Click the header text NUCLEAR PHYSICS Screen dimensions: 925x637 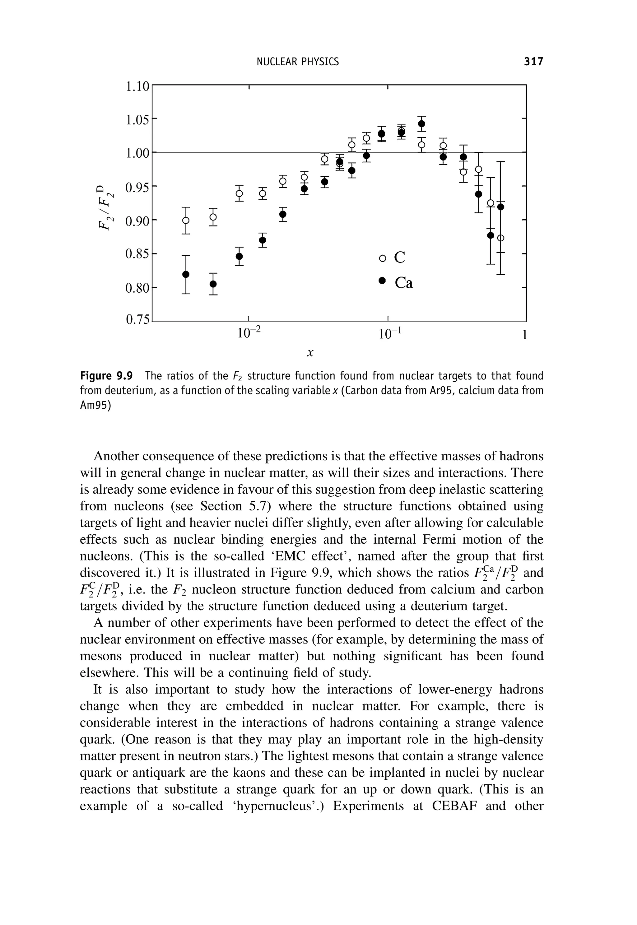(x=298, y=62)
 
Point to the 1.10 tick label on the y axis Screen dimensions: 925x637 (x=137, y=86)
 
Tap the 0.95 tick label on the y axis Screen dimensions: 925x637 (x=137, y=187)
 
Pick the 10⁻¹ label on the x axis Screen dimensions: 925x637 (x=388, y=332)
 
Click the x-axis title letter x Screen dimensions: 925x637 (x=310, y=353)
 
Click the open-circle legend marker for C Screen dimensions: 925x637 (x=382, y=258)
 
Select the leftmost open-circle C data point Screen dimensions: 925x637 (x=186, y=220)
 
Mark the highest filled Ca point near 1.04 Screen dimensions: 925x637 (x=421, y=124)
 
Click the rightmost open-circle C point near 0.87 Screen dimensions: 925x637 (x=501, y=238)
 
